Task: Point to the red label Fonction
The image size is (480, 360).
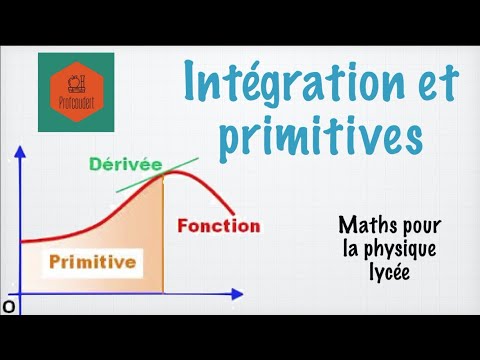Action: click(218, 226)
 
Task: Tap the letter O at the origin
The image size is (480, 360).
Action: click(8, 307)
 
